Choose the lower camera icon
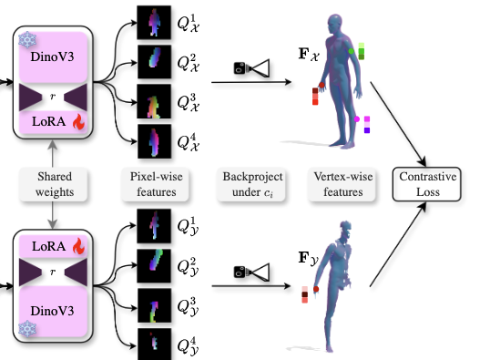point(250,270)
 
